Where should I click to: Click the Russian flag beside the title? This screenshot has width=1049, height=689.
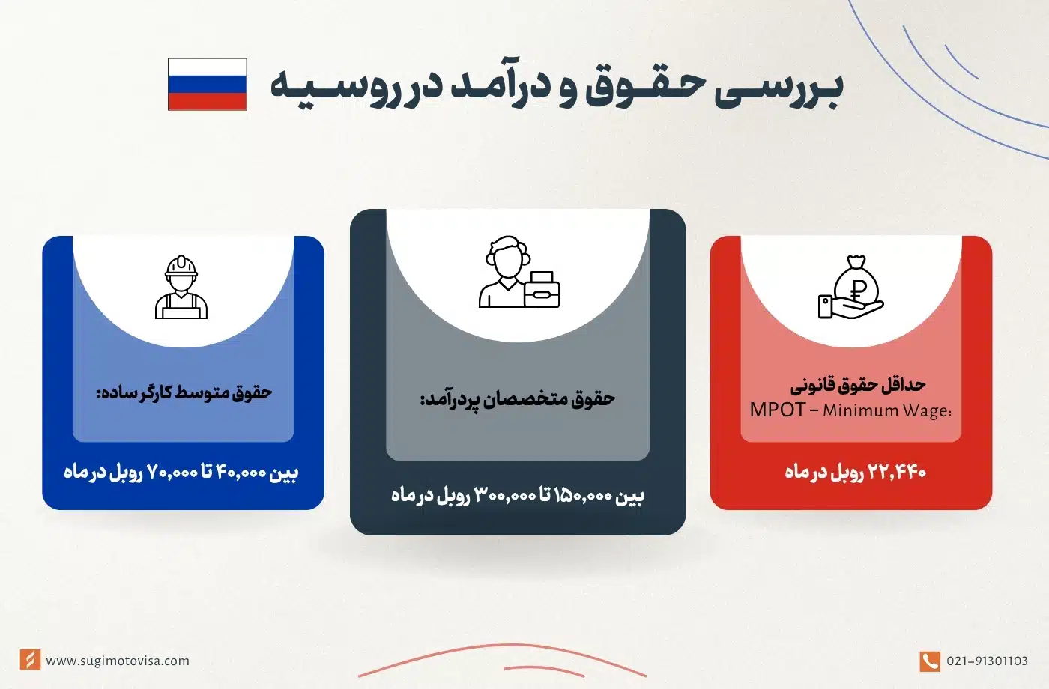(208, 85)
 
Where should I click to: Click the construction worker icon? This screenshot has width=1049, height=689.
(181, 288)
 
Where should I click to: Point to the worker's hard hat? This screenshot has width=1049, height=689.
(181, 267)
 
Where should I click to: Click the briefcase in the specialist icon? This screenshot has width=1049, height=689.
(542, 290)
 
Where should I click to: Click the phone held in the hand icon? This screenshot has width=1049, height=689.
(825, 306)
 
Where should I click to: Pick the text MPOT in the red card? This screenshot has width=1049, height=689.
(777, 410)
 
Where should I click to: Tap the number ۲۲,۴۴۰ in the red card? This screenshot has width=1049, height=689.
(897, 472)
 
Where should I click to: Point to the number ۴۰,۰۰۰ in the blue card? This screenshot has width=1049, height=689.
(241, 472)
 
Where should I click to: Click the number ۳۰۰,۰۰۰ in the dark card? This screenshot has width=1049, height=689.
(505, 495)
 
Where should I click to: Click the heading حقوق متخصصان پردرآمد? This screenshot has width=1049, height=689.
(517, 399)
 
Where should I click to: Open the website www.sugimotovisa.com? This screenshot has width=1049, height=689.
(118, 661)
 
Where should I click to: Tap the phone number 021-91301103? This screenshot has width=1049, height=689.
(987, 661)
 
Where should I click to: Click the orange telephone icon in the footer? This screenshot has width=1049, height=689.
(929, 661)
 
